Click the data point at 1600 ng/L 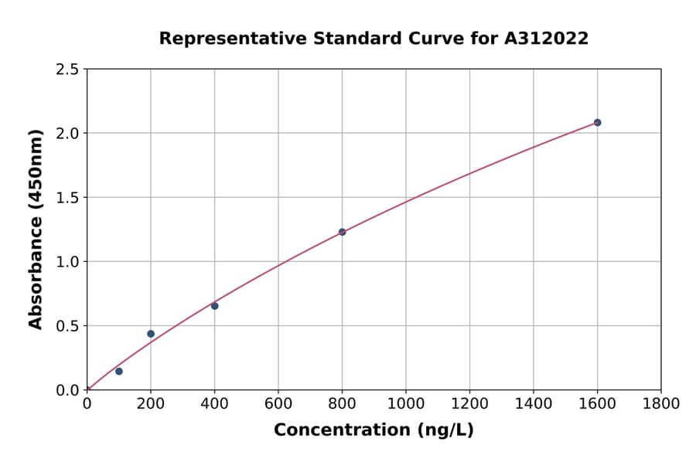pyautogui.click(x=597, y=122)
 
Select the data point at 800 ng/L pyautogui.click(x=342, y=232)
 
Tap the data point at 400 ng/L pyautogui.click(x=214, y=306)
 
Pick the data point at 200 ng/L pyautogui.click(x=151, y=334)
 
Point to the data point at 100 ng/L pyautogui.click(x=118, y=371)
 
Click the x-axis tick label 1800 pyautogui.click(x=661, y=403)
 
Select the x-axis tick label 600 pyautogui.click(x=278, y=403)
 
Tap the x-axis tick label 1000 pyautogui.click(x=406, y=403)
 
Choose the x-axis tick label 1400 pyautogui.click(x=534, y=403)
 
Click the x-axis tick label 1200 pyautogui.click(x=469, y=403)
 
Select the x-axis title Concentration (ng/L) pyautogui.click(x=374, y=430)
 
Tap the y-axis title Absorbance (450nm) pyautogui.click(x=36, y=229)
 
